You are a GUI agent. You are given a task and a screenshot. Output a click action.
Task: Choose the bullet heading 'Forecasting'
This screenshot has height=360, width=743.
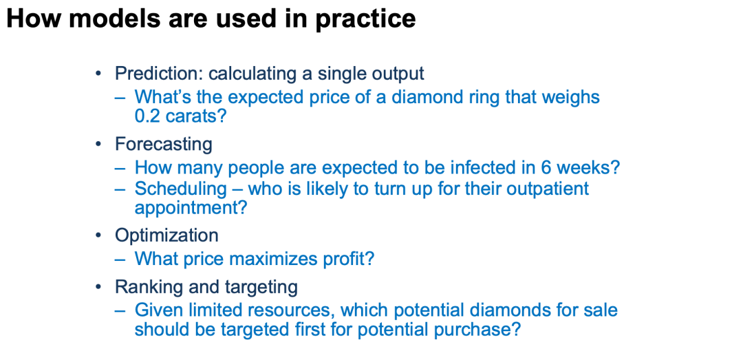[164, 145]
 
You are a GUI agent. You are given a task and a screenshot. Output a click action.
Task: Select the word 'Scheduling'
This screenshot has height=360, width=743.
[181, 189]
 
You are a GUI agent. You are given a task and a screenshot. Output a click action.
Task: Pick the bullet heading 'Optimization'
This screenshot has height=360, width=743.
[166, 236]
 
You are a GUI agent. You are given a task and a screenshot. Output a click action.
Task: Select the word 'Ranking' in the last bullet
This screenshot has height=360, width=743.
[144, 288]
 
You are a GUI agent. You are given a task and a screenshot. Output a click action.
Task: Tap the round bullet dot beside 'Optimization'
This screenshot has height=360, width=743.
[98, 235]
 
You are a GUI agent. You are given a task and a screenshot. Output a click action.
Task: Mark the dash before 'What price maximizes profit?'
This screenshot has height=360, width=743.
[120, 259]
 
